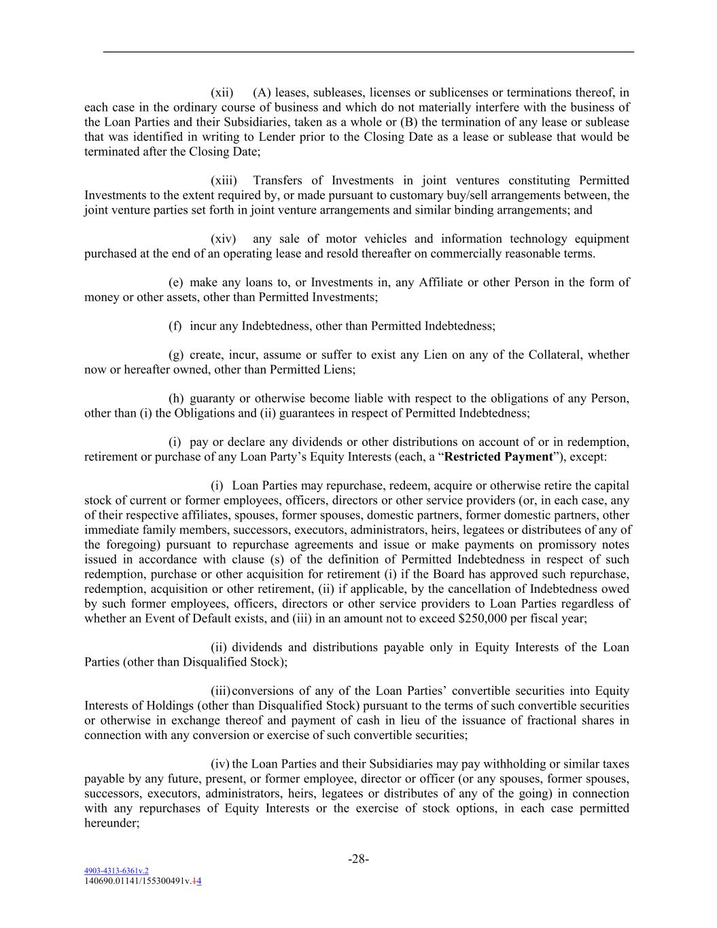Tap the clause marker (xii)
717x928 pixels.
pos(222,92)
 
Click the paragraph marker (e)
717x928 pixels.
pos(176,282)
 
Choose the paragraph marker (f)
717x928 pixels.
pos(175,326)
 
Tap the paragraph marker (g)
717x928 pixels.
pos(176,355)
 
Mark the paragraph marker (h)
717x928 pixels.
pos(176,398)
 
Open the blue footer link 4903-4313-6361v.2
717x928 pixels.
pos(116,870)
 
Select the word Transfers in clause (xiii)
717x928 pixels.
pos(277,180)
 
